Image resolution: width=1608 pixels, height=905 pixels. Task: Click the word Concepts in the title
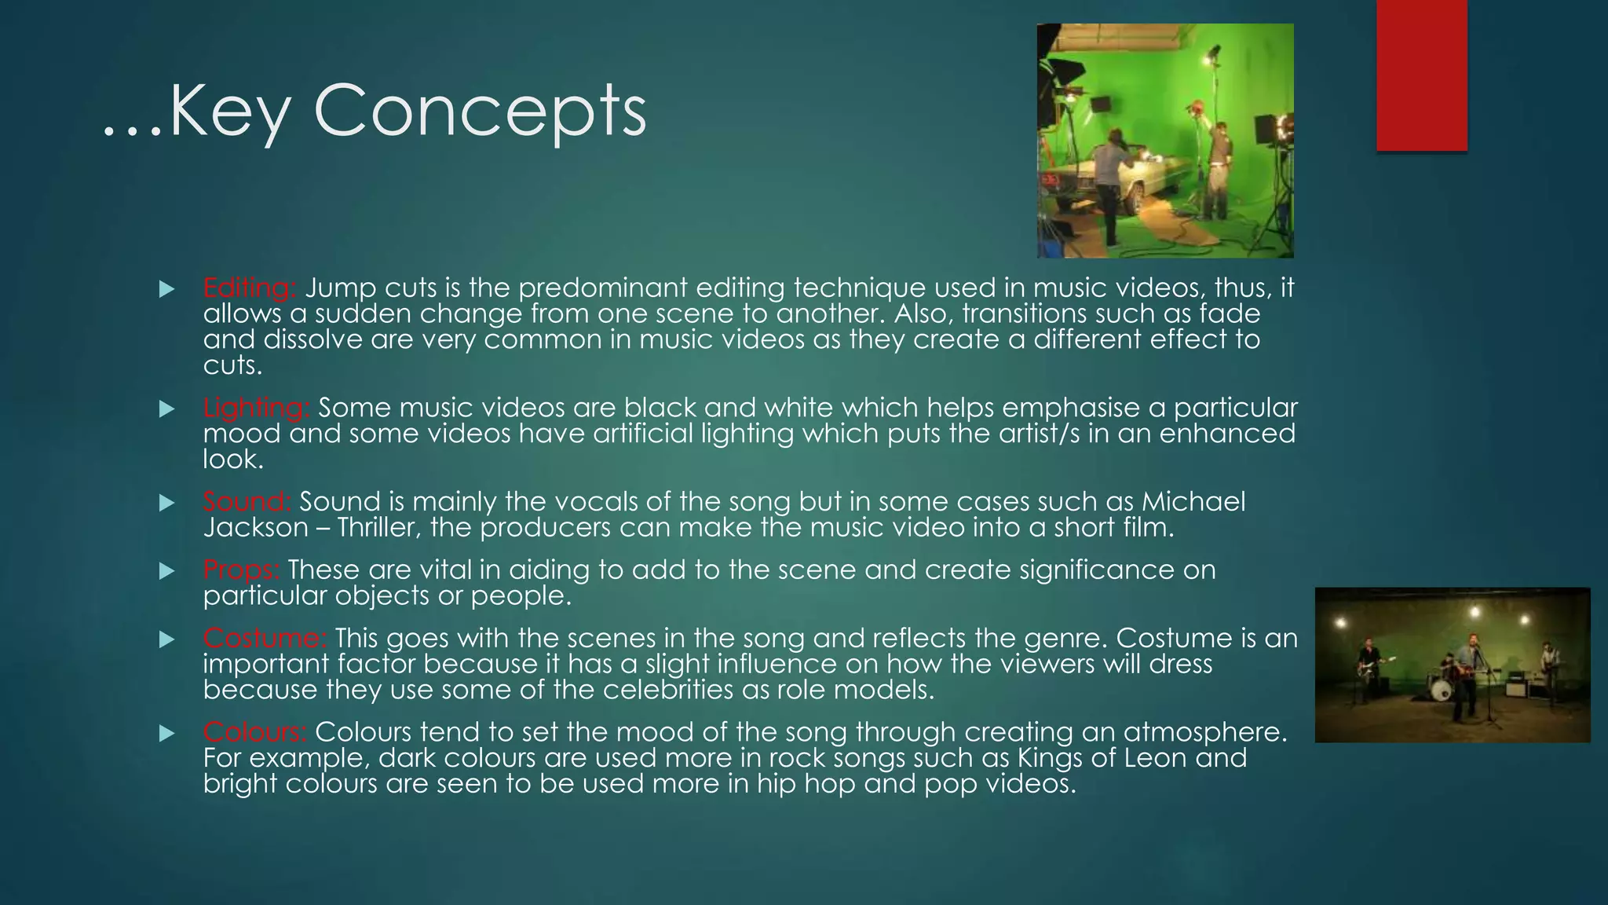pos(480,112)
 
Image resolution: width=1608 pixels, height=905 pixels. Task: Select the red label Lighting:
pos(256,408)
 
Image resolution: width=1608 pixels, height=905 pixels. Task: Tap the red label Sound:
pos(247,501)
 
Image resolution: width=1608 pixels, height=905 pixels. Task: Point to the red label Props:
pos(241,570)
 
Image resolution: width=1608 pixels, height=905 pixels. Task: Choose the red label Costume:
pos(265,638)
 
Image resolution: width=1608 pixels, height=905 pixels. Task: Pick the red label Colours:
pos(254,732)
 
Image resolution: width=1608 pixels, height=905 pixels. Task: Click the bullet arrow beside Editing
pos(166,289)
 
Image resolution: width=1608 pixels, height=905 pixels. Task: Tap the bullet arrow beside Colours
pos(166,734)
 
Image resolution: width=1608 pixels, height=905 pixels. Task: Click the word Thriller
pos(371,527)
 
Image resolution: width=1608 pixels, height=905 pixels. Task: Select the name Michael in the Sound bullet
pos(1193,501)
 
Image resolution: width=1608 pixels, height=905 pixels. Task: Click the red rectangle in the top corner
pos(1421,75)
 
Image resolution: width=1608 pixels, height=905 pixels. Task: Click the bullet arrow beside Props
pos(166,571)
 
